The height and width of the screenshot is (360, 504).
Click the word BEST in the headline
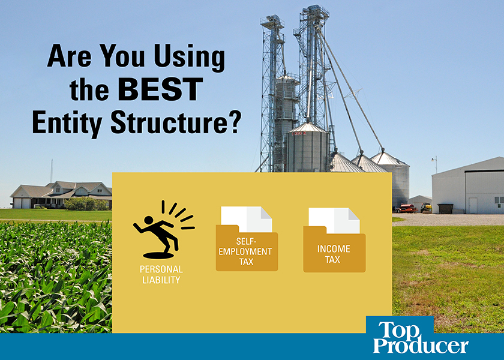[x=160, y=89]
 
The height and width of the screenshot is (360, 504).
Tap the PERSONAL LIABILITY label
[x=160, y=274]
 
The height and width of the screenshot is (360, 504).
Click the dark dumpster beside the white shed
[x=445, y=208]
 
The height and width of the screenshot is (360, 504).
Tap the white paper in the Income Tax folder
[x=334, y=220]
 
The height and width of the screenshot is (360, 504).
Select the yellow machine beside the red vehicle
[x=426, y=207]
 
